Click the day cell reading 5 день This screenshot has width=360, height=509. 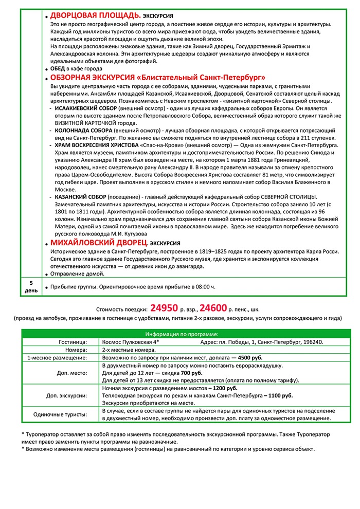point(31,287)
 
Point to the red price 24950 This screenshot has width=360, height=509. point(164,308)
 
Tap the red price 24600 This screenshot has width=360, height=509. point(213,308)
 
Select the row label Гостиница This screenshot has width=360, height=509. point(73,342)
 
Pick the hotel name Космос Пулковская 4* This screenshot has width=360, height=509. point(131,342)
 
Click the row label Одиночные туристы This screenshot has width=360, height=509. point(61,414)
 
